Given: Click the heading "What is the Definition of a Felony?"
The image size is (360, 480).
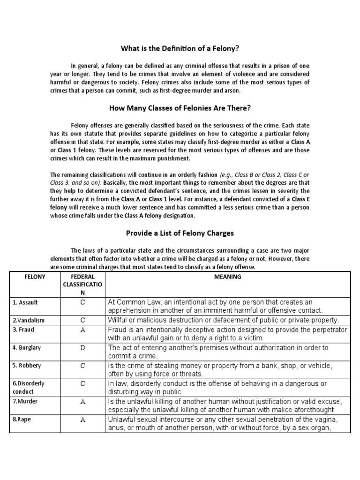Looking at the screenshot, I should point(180,48).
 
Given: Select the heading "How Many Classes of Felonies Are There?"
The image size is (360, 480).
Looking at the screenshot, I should point(180,108).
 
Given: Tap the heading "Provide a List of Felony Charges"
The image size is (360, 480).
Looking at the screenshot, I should point(180,233).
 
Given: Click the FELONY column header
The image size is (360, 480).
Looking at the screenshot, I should point(35,277).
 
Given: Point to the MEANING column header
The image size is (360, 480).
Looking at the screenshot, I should point(227,277).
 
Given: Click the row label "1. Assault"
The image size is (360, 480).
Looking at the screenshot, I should point(25,302).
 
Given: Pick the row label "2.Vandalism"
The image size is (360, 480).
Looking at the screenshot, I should point(28,321).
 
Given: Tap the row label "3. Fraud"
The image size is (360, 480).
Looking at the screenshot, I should point(23,330).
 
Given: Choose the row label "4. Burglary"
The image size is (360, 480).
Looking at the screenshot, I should point(26,348).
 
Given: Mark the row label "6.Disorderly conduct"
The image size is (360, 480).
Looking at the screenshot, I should point(28,388).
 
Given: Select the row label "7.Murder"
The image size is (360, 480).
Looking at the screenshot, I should point(25,402).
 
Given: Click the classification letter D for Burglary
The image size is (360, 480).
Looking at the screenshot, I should point(82,348).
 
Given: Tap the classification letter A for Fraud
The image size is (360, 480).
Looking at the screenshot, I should point(82,330).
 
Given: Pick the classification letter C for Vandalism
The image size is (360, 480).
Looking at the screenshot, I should point(82,321).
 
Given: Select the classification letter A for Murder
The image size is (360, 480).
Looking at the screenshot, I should point(82,402).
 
